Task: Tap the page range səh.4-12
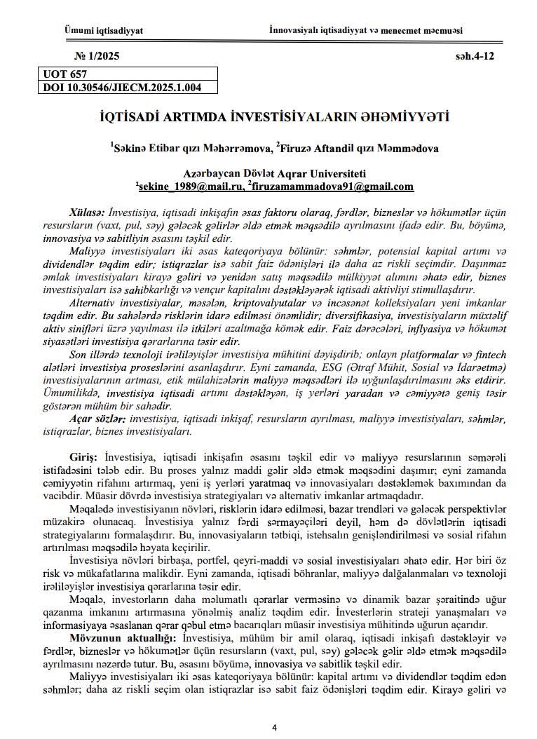(x=475, y=57)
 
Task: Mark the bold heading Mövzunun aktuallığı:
(x=124, y=639)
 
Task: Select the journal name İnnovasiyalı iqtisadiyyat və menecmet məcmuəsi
(x=365, y=31)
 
